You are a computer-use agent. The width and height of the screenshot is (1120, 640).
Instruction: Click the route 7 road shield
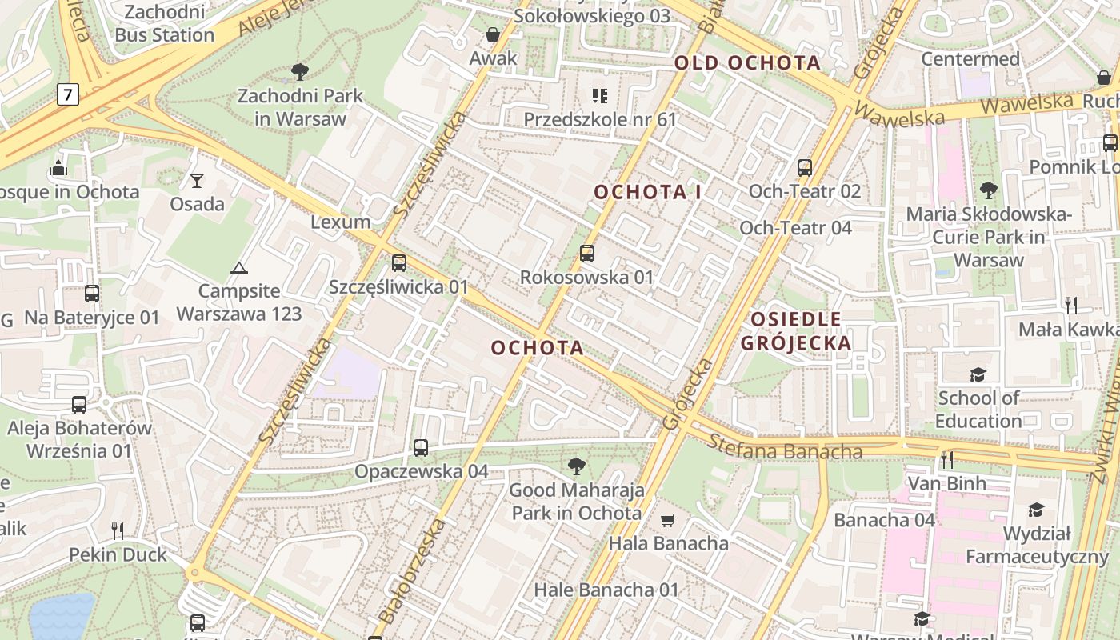68,95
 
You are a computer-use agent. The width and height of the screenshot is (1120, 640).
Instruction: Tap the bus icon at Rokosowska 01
587,254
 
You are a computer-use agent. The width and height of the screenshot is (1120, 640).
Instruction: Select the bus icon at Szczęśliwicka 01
399,262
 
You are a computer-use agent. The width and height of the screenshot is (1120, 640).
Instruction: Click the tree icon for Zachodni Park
300,72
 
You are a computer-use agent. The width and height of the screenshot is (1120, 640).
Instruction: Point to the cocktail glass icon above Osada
197,180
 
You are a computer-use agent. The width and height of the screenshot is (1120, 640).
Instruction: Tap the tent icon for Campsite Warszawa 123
238,268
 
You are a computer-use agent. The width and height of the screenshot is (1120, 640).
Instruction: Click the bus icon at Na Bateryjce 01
92,294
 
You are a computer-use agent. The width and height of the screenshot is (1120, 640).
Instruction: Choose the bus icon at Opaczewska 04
421,448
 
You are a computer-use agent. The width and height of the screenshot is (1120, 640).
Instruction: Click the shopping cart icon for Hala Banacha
668,520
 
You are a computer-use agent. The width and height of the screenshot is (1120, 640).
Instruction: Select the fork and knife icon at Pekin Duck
118,530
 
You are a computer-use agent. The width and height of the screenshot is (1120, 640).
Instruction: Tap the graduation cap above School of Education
978,374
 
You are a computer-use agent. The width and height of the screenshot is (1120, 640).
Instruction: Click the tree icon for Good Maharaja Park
576,466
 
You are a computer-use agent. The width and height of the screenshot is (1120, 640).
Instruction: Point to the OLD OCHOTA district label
747,63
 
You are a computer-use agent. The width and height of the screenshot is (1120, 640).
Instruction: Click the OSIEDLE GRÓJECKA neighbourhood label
795,331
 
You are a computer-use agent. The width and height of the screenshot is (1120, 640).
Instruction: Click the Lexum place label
341,222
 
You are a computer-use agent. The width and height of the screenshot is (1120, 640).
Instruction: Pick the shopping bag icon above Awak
493,34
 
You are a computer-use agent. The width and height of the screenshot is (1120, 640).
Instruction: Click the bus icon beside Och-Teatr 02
805,168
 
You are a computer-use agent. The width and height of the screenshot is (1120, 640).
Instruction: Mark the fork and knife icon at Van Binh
947,459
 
